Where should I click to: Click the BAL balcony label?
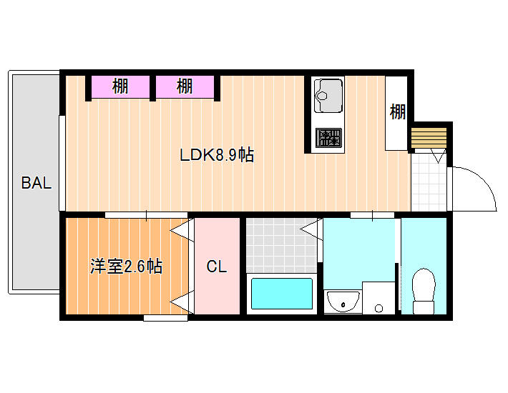tap(36, 183)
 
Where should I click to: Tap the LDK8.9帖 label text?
tap(217, 154)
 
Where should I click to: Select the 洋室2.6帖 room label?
tap(126, 267)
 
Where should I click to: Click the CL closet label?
tap(216, 267)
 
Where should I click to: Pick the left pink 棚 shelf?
tap(120, 86)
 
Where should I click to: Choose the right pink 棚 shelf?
tap(185, 86)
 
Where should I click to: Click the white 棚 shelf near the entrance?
tap(396, 113)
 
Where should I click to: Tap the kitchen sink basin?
tap(328, 96)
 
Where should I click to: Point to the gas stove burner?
tap(328, 137)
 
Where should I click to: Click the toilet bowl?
tap(424, 291)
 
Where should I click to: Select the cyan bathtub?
tap(282, 294)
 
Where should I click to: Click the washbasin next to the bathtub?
tap(343, 302)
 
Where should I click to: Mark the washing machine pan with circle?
tap(378, 298)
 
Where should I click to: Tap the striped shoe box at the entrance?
tap(429, 137)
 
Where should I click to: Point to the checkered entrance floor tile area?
tap(429, 182)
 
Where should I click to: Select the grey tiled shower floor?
tap(281, 246)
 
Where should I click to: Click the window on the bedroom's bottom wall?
tap(165, 318)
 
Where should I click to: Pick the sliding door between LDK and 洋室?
tap(146, 215)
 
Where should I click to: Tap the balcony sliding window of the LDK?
tap(62, 164)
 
